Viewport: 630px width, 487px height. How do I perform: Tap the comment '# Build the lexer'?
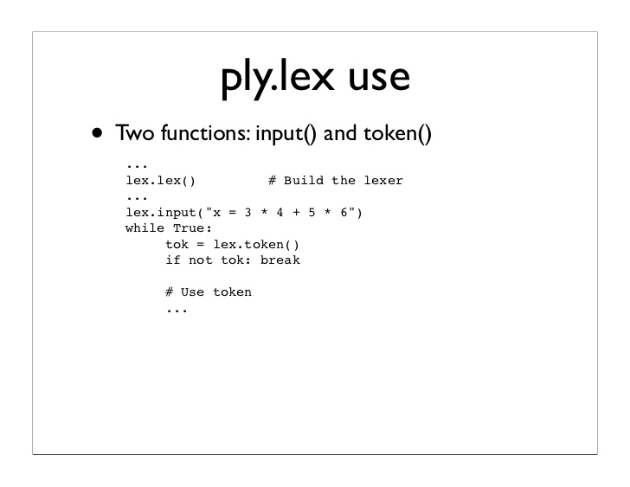tap(335, 181)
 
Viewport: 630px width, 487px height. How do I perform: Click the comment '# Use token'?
tap(209, 292)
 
